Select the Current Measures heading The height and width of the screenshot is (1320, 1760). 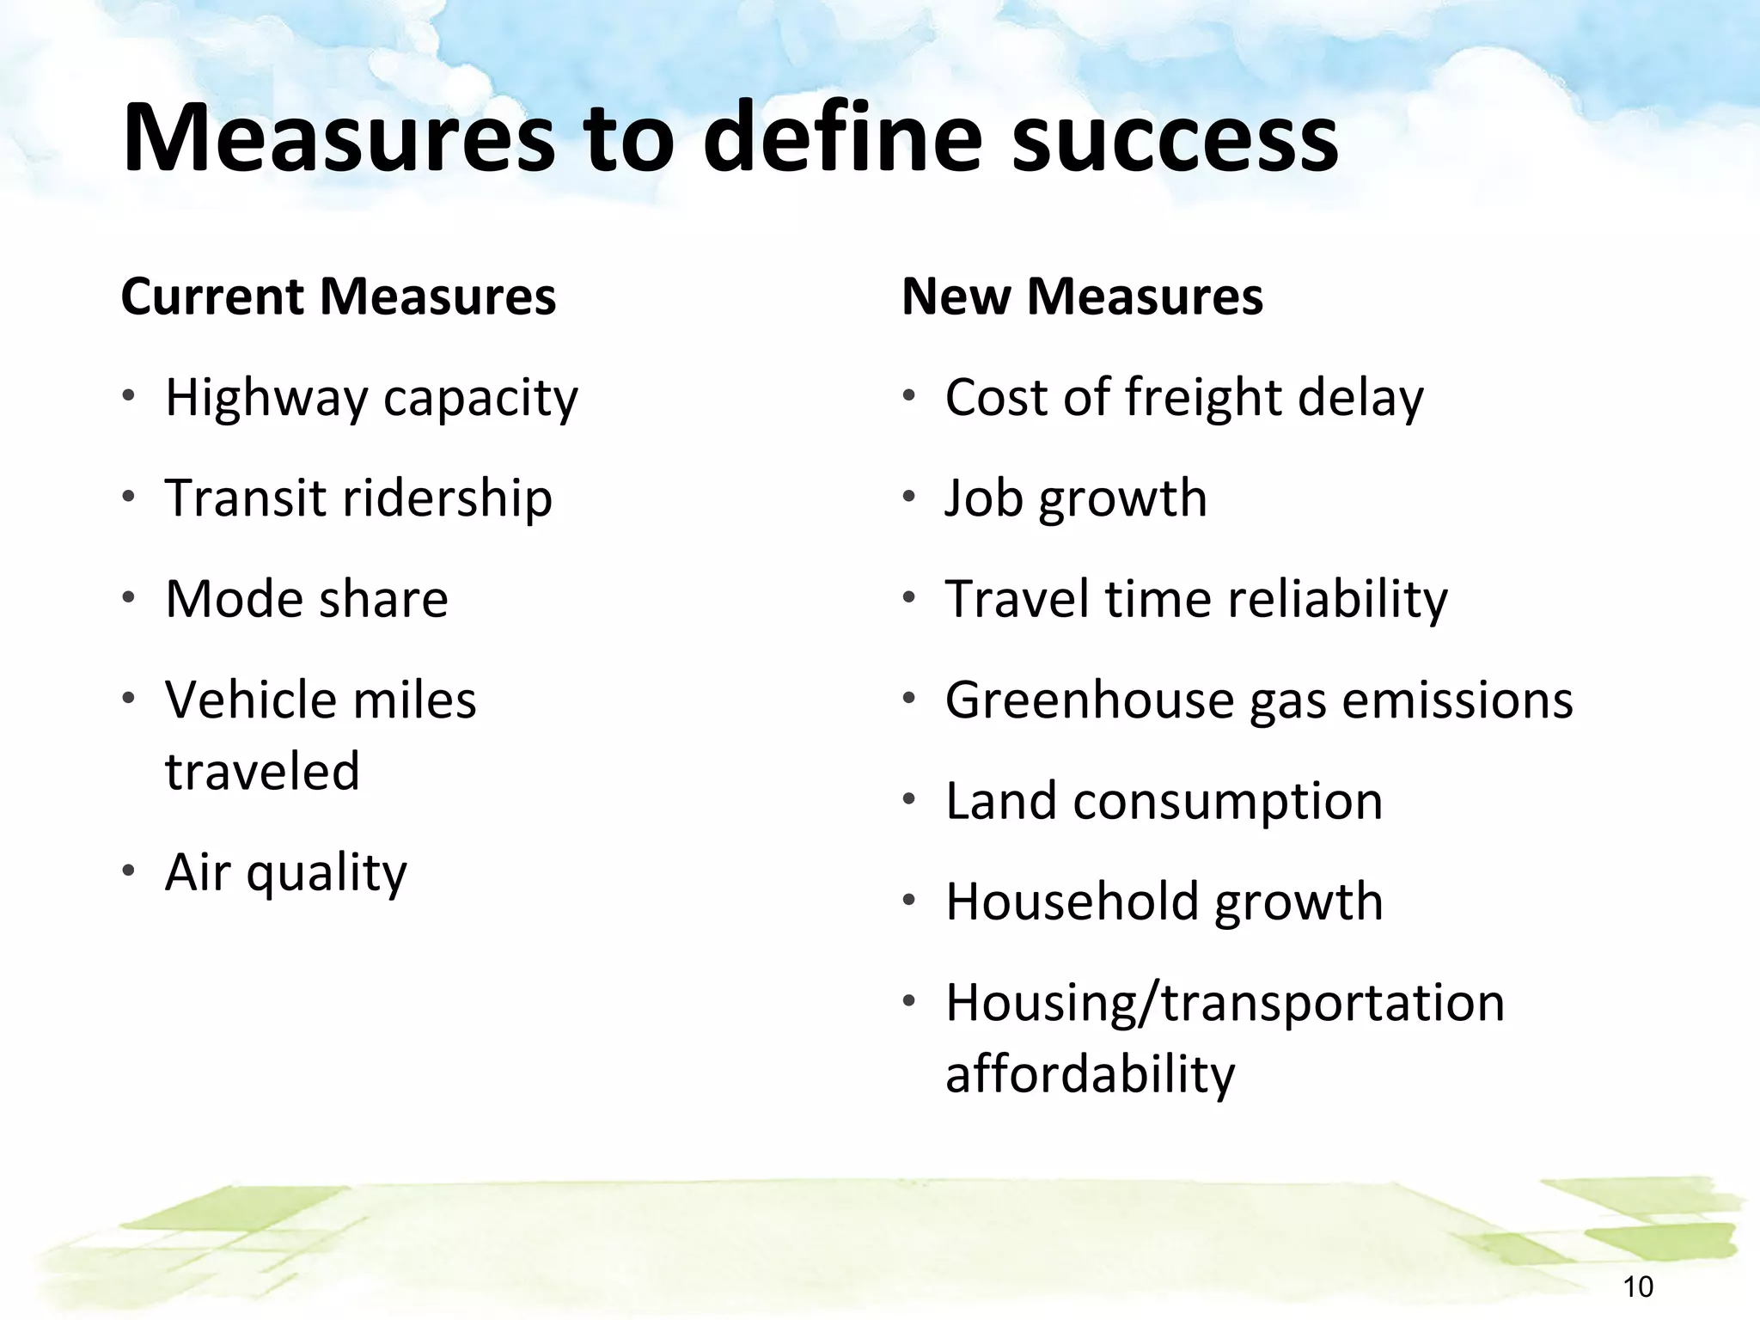pos(339,296)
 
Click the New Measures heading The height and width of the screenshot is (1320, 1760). pos(1082,296)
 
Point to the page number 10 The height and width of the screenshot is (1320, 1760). pos(1638,1286)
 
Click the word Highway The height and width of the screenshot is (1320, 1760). pos(266,399)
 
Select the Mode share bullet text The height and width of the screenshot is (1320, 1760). pos(307,599)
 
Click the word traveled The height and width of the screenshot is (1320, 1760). pos(262,771)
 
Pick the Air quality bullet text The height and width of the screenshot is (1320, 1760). pos(286,873)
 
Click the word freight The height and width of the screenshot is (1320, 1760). pos(1203,399)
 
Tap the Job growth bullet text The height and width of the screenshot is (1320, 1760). pos(1076,499)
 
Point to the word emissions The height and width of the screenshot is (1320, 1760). pos(1457,700)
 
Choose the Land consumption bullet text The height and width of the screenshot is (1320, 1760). pos(1164,802)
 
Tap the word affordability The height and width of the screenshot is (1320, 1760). pos(1090,1074)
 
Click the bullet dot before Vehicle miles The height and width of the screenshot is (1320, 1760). pos(128,697)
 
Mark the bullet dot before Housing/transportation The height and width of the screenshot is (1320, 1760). pos(908,1000)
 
